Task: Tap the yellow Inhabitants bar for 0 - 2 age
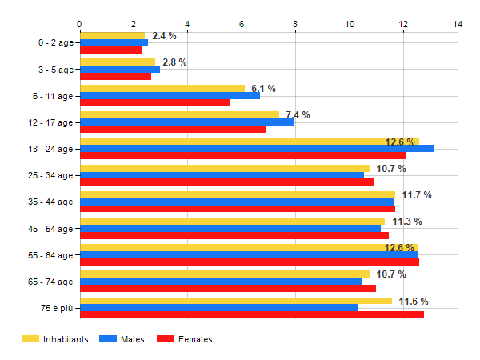pos(112,36)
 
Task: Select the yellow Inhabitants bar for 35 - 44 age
pos(237,194)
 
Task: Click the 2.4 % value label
pos(164,36)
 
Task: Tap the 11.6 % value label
pos(414,302)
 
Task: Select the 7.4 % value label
pos(298,115)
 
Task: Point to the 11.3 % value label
pos(407,222)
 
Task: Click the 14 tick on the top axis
pos(458,24)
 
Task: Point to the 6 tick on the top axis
pos(242,24)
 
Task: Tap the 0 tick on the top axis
pos(79,24)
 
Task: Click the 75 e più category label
pos(56,308)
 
